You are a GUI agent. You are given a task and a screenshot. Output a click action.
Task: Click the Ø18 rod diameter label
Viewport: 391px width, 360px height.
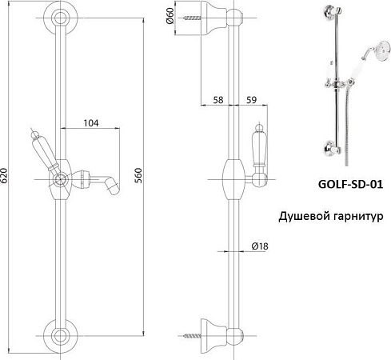pos(258,246)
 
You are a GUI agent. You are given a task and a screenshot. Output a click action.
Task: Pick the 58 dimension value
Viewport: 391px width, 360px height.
pos(217,100)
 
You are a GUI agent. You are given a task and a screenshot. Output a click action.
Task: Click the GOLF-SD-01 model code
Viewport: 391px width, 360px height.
pos(345,183)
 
